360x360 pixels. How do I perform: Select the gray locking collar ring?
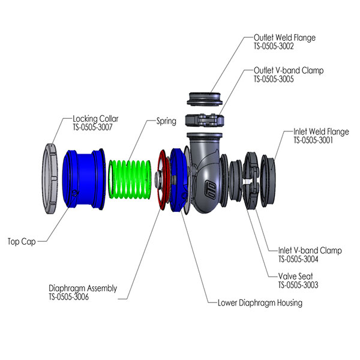click(x=50, y=179)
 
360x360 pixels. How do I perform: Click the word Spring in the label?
click(x=166, y=121)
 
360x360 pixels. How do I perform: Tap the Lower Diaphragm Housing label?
click(x=260, y=303)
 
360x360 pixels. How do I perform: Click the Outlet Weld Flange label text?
click(x=284, y=38)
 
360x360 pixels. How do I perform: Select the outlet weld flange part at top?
click(x=206, y=98)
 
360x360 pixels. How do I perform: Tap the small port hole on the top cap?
click(x=75, y=193)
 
